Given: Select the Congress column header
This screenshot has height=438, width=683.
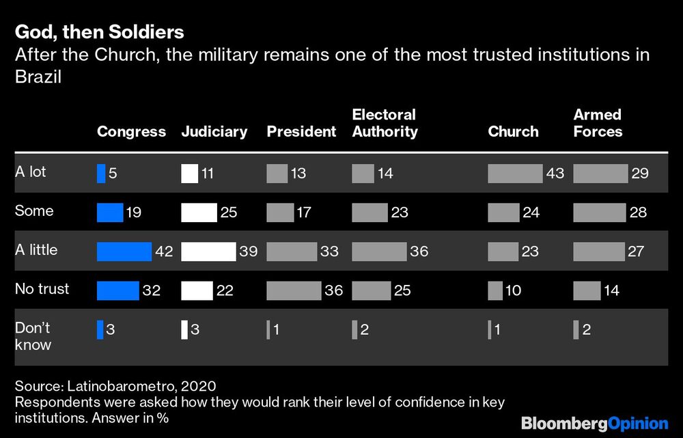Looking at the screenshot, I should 131,132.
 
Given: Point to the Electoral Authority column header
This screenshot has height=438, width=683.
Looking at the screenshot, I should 385,123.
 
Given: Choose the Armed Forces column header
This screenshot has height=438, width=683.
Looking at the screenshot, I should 598,123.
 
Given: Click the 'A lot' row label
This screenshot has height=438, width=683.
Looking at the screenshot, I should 31,172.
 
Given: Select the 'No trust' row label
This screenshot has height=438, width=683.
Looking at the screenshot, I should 42,289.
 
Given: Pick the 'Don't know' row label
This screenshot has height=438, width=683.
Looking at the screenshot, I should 33,336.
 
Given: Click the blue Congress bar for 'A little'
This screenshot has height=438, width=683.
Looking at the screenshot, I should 124,252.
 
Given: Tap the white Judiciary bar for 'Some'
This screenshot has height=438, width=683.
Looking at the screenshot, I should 199,213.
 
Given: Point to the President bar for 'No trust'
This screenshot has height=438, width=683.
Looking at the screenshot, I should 294,291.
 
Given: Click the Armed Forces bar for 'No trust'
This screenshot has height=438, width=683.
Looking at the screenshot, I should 587,291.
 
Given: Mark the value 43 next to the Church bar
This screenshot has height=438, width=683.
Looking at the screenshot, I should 555,174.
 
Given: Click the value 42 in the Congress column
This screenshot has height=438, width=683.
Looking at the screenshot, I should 164,252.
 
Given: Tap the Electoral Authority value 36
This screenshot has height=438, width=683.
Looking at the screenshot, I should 419,252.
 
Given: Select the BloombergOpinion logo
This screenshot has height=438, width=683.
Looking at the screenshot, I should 594,423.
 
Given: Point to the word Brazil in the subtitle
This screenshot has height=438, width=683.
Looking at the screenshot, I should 38,78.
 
